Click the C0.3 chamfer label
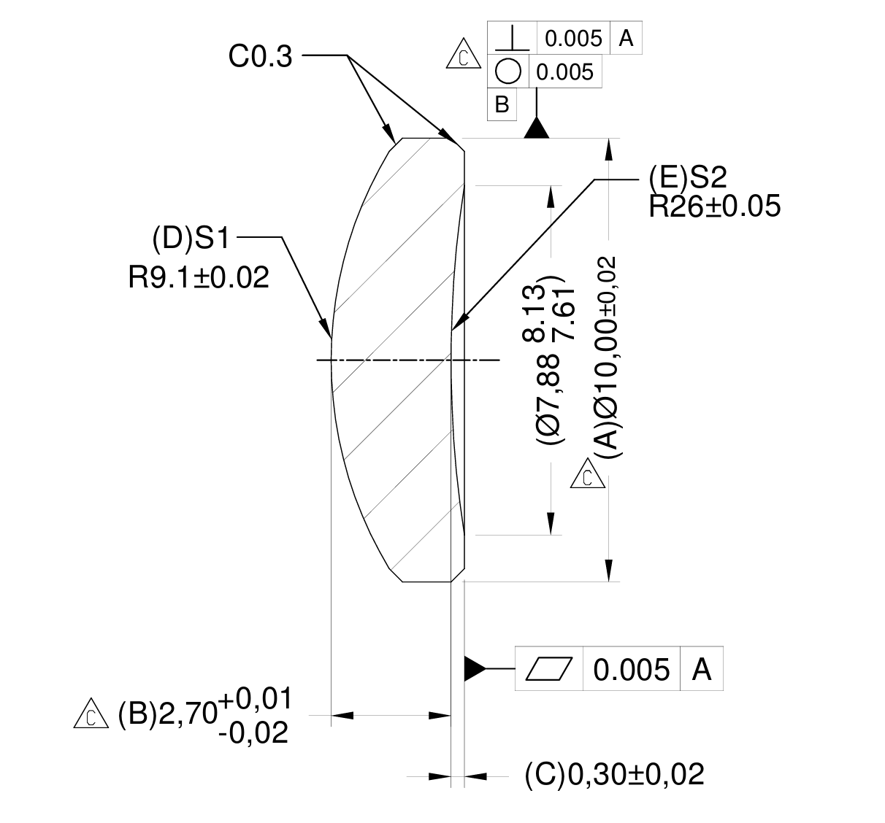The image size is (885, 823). (x=260, y=56)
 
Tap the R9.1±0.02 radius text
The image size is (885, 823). (x=199, y=277)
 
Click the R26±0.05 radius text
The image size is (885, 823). (x=714, y=206)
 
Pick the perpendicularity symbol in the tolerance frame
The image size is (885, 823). (x=512, y=37)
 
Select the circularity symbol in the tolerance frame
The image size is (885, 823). (x=508, y=72)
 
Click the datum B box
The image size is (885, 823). (x=502, y=104)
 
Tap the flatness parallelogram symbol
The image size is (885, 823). (x=549, y=668)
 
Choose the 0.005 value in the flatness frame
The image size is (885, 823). (x=631, y=669)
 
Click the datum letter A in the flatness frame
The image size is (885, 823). (x=701, y=669)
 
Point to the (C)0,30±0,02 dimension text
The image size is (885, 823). (x=614, y=775)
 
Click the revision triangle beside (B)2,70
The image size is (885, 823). (x=91, y=715)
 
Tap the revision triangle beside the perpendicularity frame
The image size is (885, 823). (x=462, y=57)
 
